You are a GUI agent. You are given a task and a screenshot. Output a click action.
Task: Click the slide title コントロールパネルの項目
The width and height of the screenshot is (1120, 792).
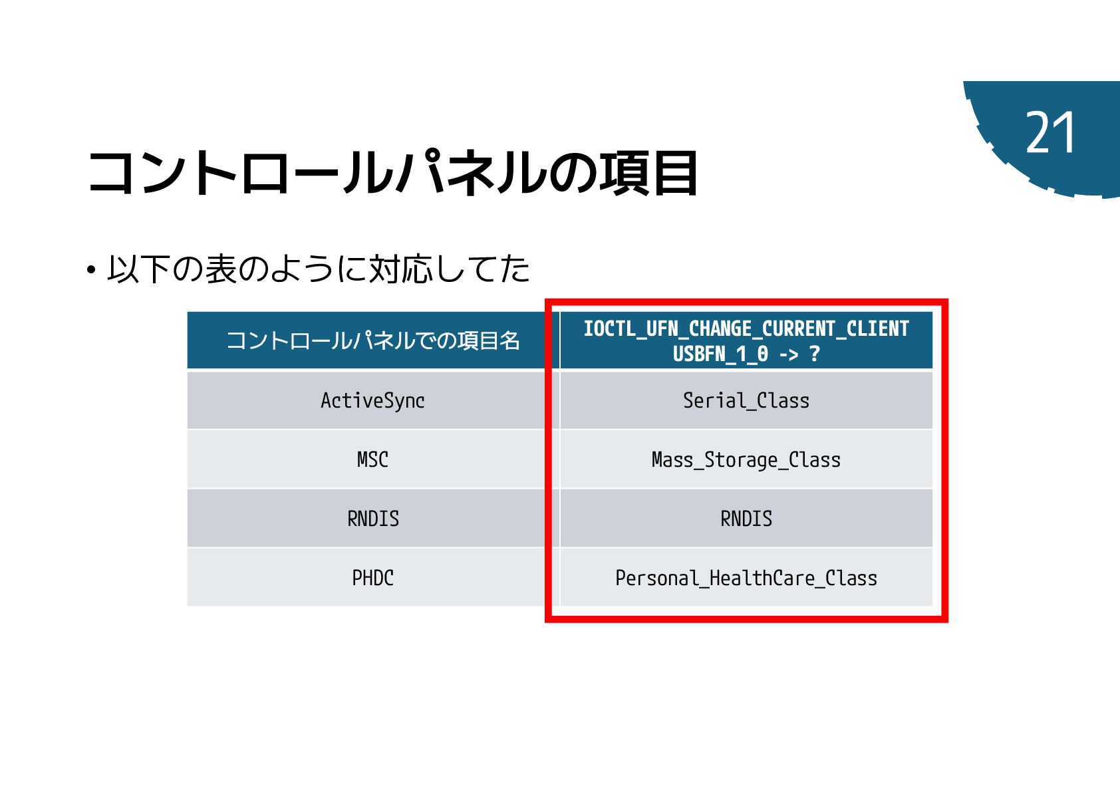point(392,173)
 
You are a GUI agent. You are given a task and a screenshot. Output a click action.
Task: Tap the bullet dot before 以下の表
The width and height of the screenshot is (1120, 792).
point(91,271)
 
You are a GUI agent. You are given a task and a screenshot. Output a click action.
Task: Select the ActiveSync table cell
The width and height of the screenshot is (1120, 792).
point(372,400)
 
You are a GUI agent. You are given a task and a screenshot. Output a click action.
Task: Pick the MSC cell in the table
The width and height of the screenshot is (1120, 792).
point(372,460)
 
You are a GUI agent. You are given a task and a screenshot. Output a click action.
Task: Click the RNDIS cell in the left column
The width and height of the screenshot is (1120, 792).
point(372,519)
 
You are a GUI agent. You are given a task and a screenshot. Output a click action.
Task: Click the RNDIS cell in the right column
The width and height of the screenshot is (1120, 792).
point(746,519)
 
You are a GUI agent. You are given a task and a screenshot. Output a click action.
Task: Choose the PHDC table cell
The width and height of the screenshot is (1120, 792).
point(372,578)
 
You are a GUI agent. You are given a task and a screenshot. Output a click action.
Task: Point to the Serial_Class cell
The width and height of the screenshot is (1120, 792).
point(746,400)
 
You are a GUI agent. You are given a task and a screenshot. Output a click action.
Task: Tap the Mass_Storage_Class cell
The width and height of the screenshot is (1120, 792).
point(746,460)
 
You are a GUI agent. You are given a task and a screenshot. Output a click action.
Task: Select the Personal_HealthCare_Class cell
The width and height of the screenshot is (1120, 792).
point(746,578)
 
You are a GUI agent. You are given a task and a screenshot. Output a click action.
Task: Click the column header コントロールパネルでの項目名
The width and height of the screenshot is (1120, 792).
point(372,340)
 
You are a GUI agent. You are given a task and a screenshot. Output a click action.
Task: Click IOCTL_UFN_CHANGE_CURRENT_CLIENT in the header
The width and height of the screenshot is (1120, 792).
point(746,329)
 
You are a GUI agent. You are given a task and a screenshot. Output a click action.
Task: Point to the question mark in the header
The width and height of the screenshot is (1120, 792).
point(815,354)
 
